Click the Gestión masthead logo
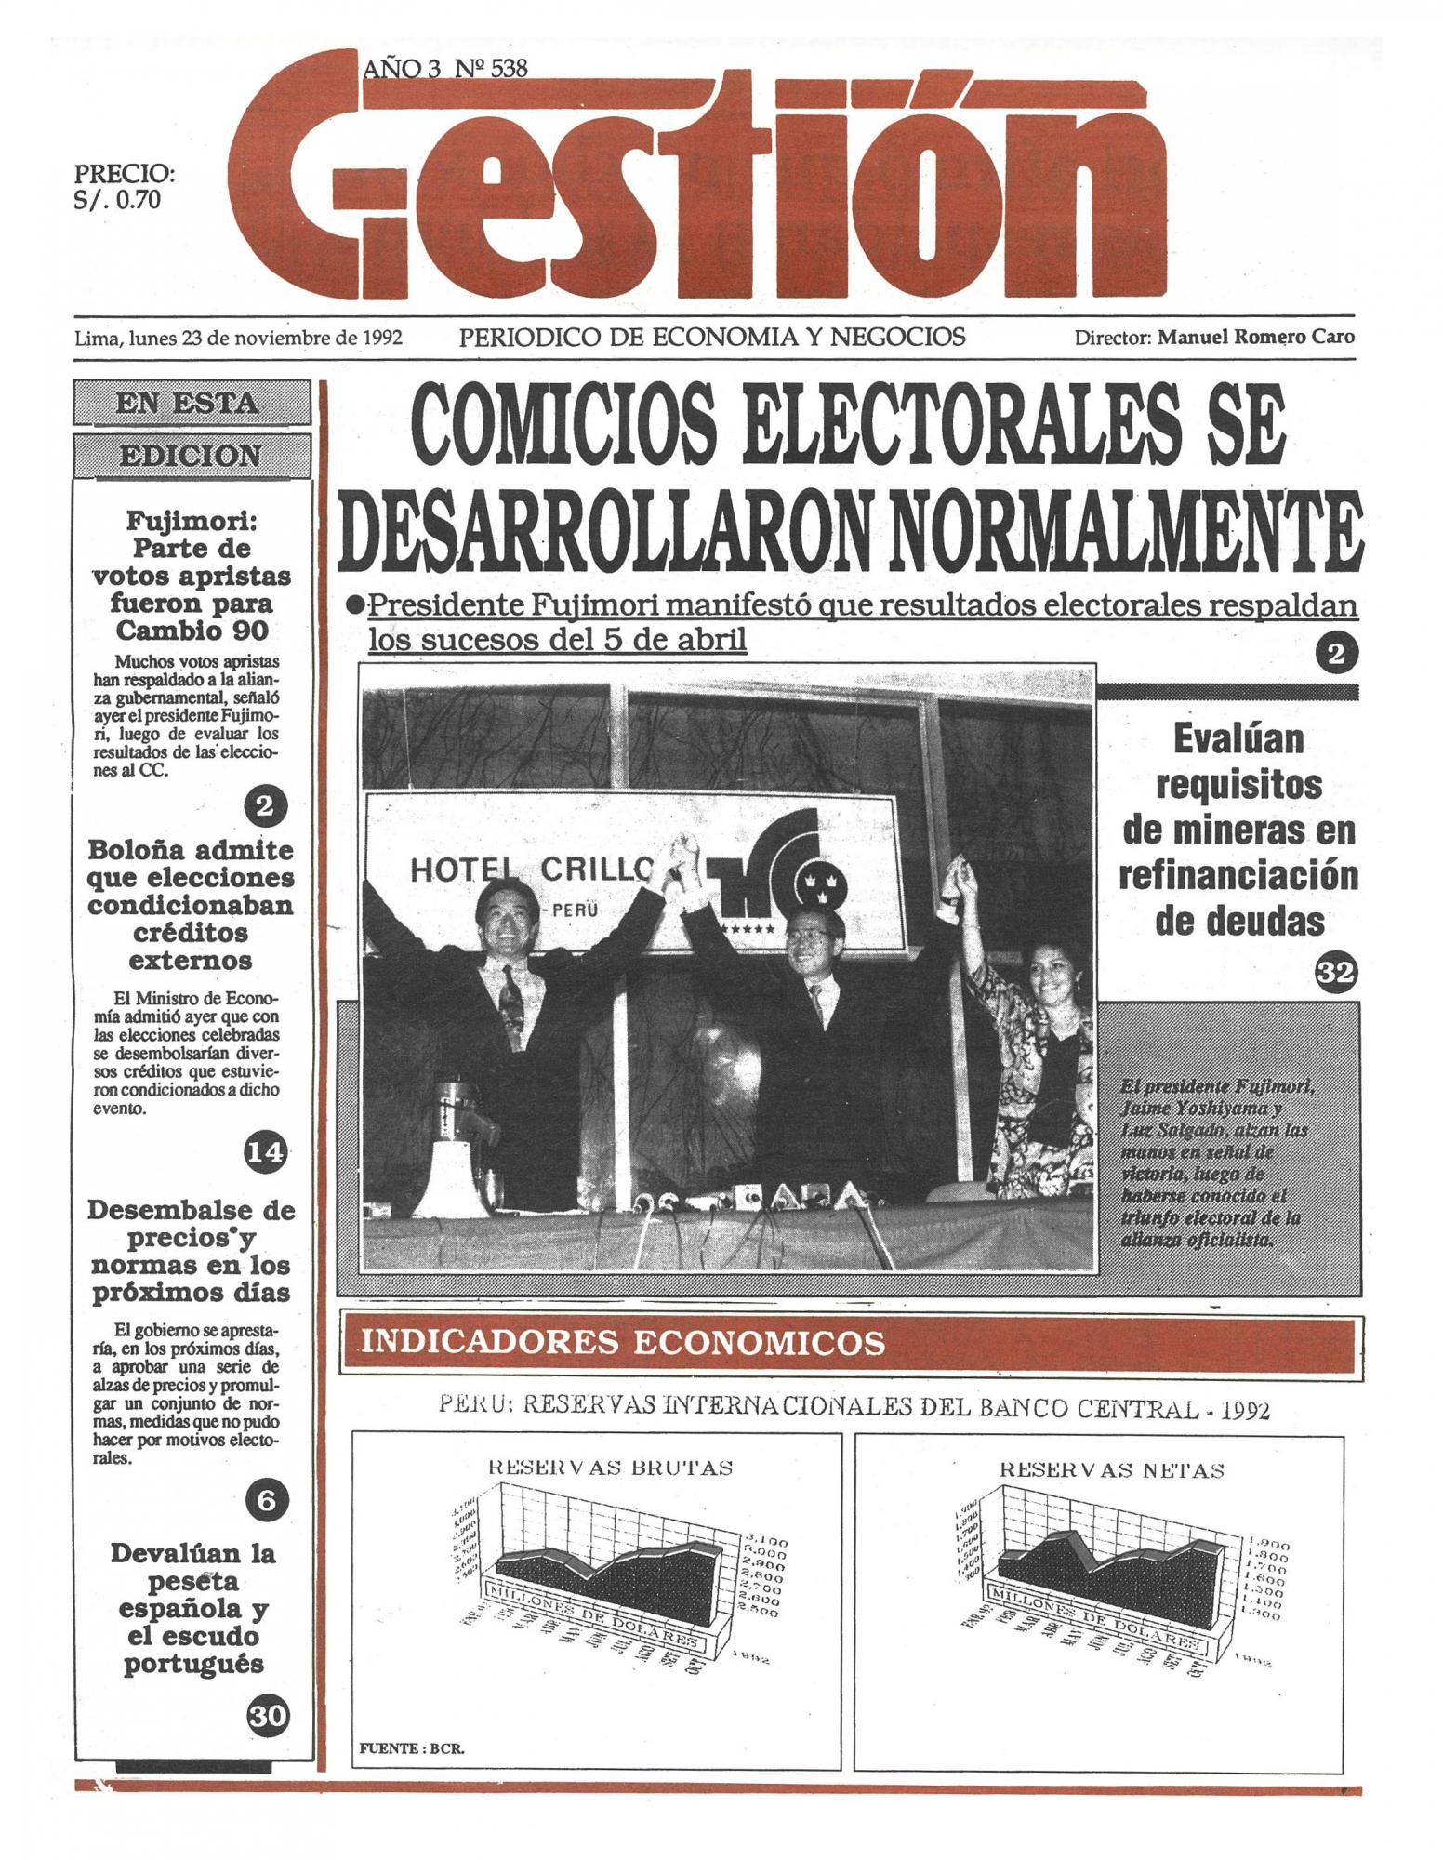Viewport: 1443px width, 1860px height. pos(725,181)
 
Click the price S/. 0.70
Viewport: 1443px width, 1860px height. pos(117,200)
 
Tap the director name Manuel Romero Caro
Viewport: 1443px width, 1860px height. pos(1255,338)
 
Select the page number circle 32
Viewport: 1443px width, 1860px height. pos(1336,973)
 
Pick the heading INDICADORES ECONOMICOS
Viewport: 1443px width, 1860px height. pos(622,1344)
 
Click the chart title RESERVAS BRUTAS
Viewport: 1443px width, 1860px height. pos(610,1468)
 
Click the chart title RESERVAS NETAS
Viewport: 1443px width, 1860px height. pos(1111,1470)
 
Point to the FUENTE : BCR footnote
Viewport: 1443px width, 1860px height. pos(412,1748)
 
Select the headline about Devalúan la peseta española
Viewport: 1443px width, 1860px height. pos(193,1609)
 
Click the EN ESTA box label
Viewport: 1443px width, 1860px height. pos(192,404)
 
